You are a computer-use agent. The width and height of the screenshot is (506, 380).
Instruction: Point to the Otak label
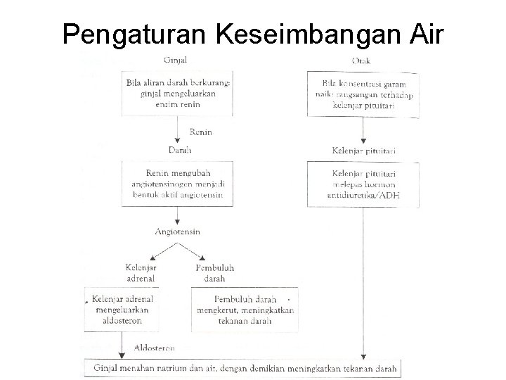click(363, 59)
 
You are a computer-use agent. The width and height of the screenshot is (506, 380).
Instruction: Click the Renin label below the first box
click(201, 132)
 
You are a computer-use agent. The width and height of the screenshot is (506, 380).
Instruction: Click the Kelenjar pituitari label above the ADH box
click(364, 151)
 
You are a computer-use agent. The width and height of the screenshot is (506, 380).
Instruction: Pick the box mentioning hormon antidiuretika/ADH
click(363, 184)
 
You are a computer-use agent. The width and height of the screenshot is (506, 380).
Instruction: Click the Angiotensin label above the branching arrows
click(179, 232)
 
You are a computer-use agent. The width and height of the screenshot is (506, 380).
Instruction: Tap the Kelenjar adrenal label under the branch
click(142, 272)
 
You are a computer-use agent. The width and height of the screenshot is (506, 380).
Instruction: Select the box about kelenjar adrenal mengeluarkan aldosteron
click(122, 309)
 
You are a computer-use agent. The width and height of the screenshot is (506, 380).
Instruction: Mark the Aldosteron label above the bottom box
click(153, 348)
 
